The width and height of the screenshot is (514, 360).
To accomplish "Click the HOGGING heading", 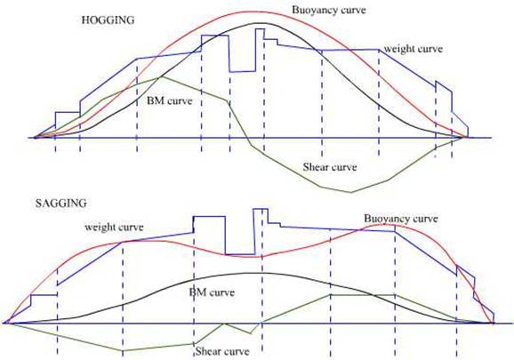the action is (108, 20).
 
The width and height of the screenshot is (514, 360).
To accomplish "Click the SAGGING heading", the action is (61, 204).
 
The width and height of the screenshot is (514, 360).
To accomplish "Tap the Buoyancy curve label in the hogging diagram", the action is (329, 10).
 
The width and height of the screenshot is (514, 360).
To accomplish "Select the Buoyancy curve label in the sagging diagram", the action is (401, 219).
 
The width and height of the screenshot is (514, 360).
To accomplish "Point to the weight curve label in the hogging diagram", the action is (413, 49).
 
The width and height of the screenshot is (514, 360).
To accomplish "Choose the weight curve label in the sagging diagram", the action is (114, 227).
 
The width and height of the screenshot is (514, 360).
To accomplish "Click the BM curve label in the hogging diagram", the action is (169, 100).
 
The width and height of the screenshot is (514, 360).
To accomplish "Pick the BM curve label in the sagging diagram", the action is (212, 292).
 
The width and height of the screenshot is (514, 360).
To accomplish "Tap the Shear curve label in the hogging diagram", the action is (329, 167).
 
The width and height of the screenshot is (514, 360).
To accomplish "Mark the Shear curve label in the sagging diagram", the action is (222, 351).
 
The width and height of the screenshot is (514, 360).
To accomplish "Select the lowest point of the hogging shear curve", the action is (350, 192).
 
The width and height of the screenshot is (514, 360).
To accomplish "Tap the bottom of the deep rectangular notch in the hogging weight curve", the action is (243, 71).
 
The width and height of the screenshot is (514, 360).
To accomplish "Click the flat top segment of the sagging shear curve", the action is (363, 295).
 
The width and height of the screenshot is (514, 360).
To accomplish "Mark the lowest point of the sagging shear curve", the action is (122, 350).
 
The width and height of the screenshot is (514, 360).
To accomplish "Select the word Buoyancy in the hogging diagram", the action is (313, 10).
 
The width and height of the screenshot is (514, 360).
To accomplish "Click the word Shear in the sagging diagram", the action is (207, 351).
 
